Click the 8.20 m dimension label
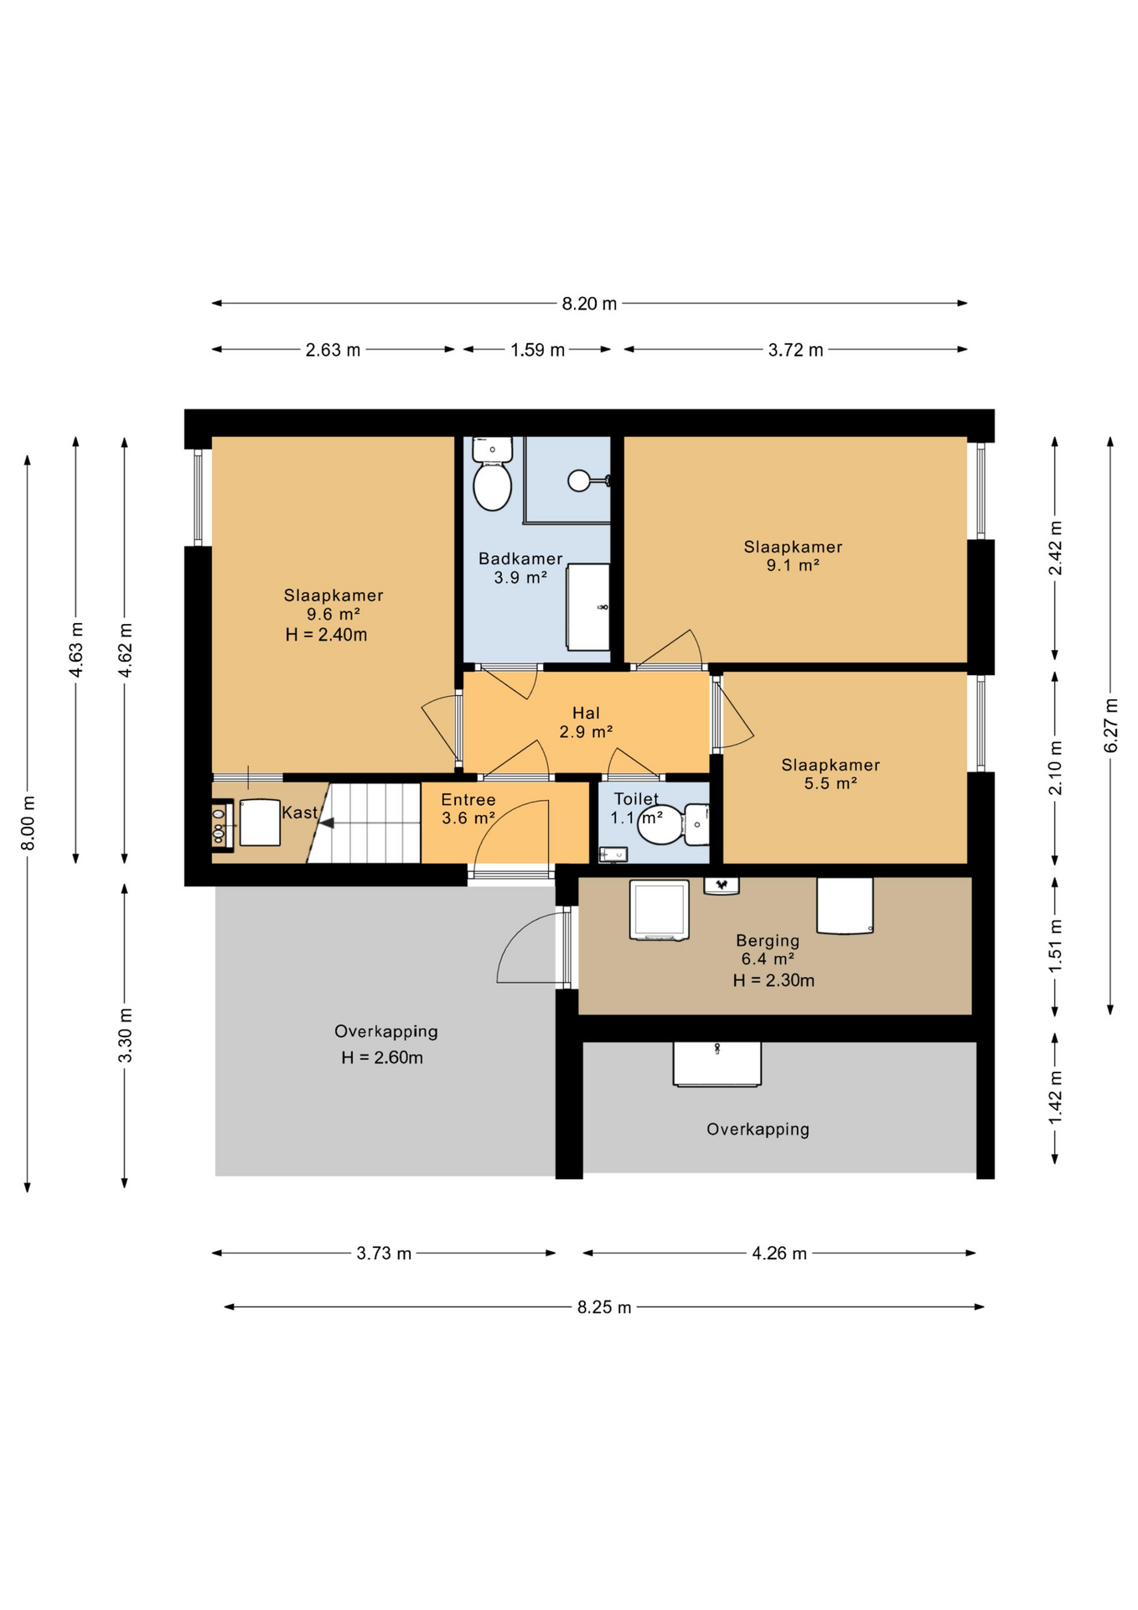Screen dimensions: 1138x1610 click(588, 304)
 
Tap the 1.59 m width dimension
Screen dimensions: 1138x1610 click(537, 350)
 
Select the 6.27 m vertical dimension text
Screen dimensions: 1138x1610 click(1110, 724)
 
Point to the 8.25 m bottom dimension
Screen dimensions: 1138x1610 click(603, 1307)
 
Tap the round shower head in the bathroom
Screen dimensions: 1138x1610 click(579, 480)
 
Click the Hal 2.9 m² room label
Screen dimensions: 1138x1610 click(586, 722)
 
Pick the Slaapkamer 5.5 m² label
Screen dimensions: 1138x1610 click(830, 774)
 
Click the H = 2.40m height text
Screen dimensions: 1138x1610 click(326, 635)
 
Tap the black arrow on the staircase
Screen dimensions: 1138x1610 click(327, 823)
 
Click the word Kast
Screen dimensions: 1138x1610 click(299, 813)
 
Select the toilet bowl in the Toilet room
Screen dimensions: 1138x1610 click(660, 824)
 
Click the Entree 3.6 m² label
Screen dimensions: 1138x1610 click(468, 808)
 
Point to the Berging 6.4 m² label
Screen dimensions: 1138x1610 click(768, 950)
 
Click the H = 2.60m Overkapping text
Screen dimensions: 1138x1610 click(381, 1057)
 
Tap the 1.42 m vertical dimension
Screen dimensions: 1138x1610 click(1055, 1098)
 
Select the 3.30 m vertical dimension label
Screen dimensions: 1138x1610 click(125, 1035)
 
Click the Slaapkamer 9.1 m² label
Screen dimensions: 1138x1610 click(793, 556)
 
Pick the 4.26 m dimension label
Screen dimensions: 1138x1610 click(778, 1254)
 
